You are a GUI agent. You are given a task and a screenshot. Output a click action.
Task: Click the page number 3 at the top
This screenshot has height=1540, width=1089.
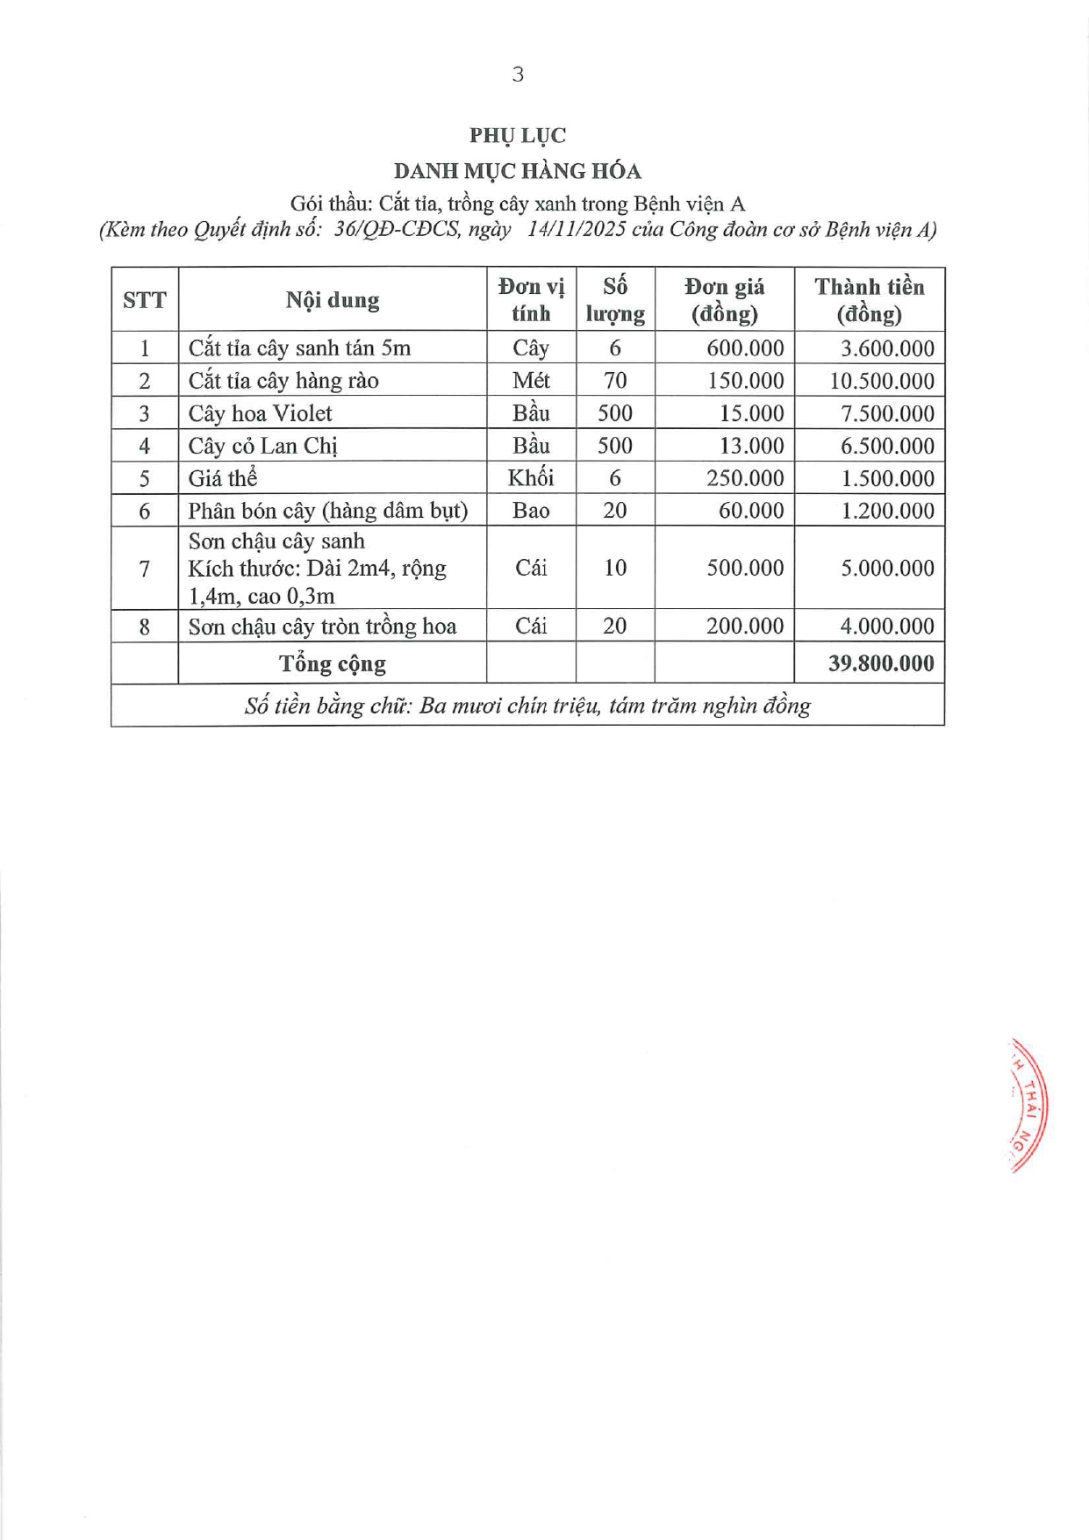518,75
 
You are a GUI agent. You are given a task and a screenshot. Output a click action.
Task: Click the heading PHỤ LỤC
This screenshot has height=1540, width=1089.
518,135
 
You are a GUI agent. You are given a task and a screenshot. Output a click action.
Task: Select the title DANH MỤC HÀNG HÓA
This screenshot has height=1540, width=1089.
518,170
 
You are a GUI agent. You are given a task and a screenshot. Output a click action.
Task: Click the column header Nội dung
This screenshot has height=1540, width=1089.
333,300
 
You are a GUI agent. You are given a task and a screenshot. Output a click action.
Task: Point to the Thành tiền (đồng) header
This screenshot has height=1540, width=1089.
869,300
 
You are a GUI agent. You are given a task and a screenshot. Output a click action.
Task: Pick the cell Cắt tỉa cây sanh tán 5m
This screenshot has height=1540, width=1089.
299,348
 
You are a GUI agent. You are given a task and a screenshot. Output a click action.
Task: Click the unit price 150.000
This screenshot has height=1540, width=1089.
745,381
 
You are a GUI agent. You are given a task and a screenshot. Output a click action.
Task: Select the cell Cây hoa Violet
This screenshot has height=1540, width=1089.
261,413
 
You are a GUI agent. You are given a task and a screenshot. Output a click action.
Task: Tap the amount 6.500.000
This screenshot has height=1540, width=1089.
887,446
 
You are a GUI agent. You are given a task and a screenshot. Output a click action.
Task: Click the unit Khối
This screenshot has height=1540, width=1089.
531,478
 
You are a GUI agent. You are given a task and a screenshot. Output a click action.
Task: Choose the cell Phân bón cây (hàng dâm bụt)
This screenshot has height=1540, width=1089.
328,511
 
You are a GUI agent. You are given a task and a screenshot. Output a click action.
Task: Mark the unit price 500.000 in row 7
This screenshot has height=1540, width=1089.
745,568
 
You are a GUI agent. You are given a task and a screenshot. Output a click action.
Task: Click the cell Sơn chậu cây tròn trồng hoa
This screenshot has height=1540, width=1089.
322,627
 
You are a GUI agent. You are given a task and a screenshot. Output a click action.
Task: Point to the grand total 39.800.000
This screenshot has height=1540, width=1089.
881,663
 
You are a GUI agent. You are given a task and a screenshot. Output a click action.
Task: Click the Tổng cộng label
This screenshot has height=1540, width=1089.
333,663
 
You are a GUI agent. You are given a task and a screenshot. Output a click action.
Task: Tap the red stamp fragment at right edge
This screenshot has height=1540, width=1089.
1029,1106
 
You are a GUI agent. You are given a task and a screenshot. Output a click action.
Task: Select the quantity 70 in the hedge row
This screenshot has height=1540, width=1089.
615,381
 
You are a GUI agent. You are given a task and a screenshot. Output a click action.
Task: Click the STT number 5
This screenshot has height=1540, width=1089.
145,478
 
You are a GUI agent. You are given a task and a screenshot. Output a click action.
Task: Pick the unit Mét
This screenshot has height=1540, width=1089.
531,381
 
